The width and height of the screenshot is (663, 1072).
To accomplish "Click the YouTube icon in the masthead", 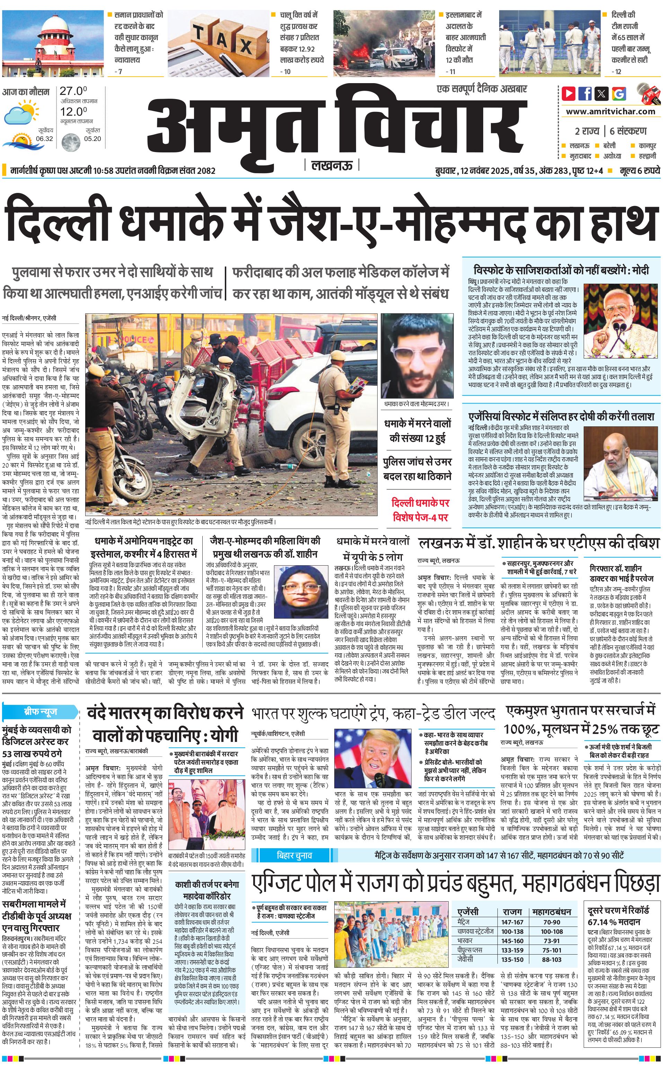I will point(569,94).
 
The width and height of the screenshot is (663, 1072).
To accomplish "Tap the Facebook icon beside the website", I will point(585,94).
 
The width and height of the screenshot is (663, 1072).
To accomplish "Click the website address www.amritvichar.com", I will point(610,112).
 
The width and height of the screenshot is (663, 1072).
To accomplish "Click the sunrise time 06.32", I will point(44,139).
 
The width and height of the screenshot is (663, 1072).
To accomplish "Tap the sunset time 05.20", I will point(92,139).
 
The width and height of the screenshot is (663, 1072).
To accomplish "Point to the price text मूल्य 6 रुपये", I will point(639,170).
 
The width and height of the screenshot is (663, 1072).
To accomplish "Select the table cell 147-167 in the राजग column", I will point(512,910).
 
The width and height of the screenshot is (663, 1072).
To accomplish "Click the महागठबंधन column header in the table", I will point(551,900).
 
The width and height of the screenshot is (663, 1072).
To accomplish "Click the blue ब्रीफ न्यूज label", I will point(40,711).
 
